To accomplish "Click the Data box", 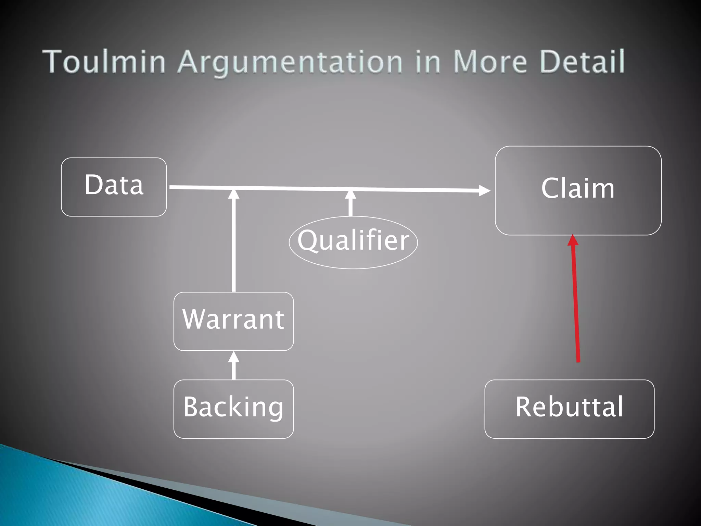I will [x=114, y=187].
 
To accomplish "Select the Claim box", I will [x=578, y=190].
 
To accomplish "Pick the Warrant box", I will [x=233, y=321].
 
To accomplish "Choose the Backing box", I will [x=233, y=409].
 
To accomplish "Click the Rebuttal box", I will [x=569, y=409].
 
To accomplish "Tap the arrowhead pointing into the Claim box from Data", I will [x=484, y=190].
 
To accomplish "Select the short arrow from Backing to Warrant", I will [x=234, y=366].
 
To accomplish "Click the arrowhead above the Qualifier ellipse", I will [x=350, y=195].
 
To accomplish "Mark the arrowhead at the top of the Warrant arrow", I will [x=234, y=194].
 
